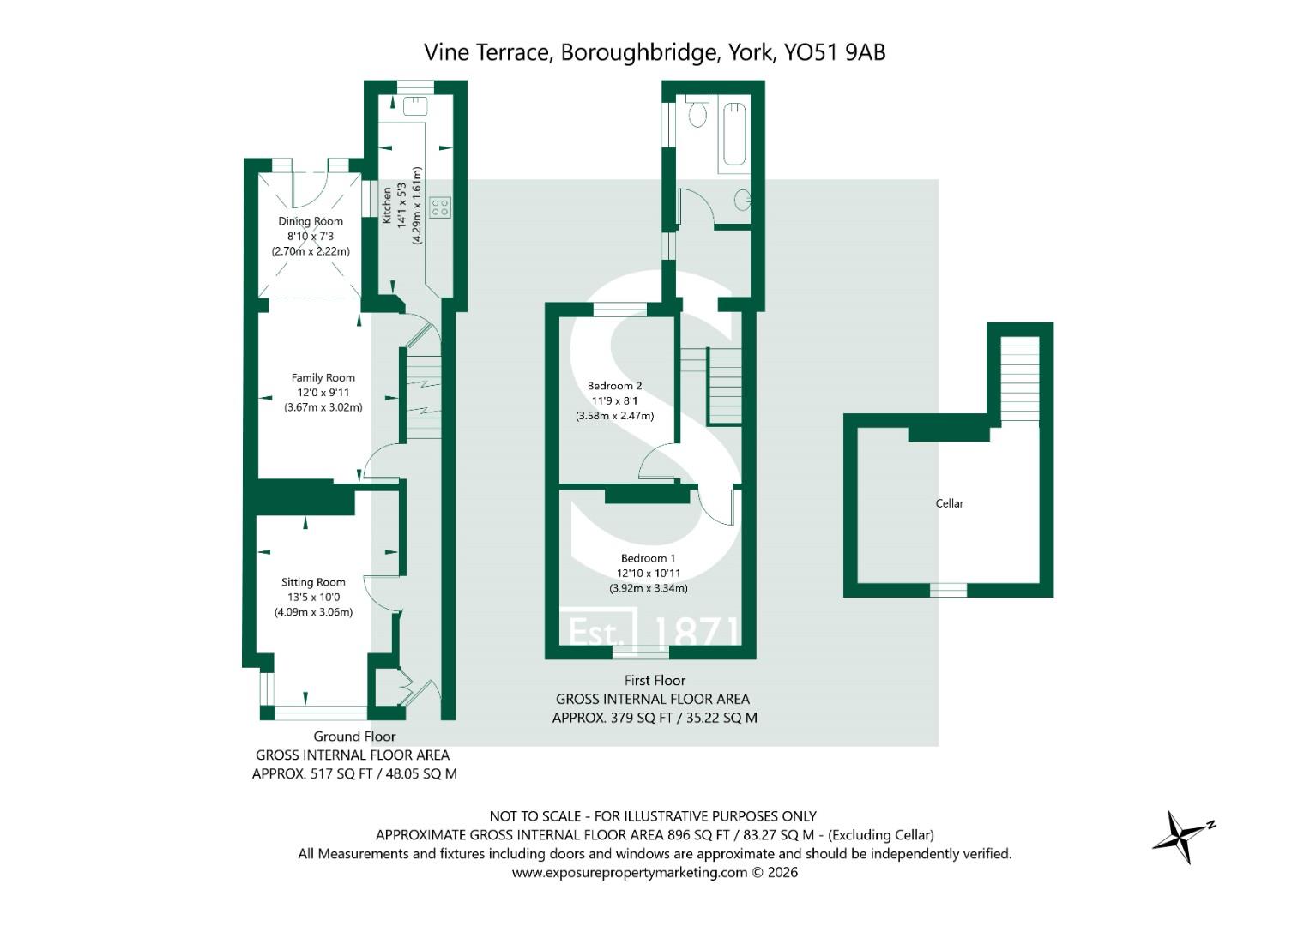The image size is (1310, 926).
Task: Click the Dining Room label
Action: [310, 221]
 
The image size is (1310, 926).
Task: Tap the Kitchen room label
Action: [387, 206]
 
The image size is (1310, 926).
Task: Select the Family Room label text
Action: [323, 377]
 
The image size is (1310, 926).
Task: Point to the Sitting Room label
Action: [313, 582]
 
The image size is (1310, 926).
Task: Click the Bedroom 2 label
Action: [614, 386]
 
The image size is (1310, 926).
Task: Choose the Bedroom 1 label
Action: [648, 558]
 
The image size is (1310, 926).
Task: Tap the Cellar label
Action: [949, 503]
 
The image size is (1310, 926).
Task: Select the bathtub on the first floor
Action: [736, 134]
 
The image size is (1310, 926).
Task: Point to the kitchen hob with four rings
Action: [440, 207]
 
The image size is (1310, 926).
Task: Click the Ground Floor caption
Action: [354, 736]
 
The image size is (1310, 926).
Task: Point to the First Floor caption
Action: [655, 681]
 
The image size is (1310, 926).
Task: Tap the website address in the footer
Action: [630, 872]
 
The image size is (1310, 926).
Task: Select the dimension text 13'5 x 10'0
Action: [313, 598]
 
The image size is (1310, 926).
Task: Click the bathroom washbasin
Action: [743, 200]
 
